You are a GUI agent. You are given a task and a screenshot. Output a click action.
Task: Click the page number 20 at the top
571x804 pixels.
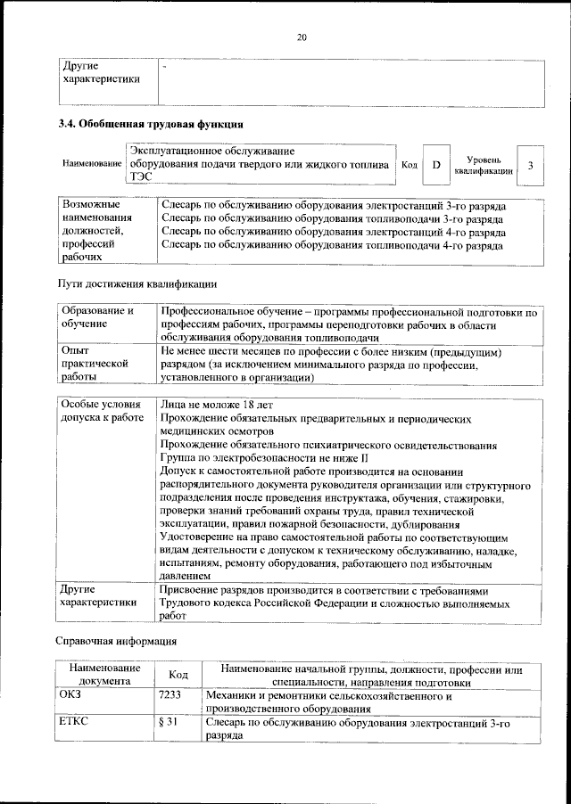tap(302, 37)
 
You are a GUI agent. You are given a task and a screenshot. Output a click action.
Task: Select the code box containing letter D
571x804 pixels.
tap(436, 165)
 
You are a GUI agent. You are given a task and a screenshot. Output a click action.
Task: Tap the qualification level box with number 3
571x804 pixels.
tap(530, 165)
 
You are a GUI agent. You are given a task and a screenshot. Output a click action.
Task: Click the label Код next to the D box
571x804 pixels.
tap(410, 165)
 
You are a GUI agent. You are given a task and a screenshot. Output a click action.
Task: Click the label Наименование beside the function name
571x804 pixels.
tap(92, 165)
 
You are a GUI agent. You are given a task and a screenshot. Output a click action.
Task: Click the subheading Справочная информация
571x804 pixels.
tap(117, 641)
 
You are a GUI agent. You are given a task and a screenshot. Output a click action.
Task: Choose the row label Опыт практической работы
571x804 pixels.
tap(89, 365)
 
